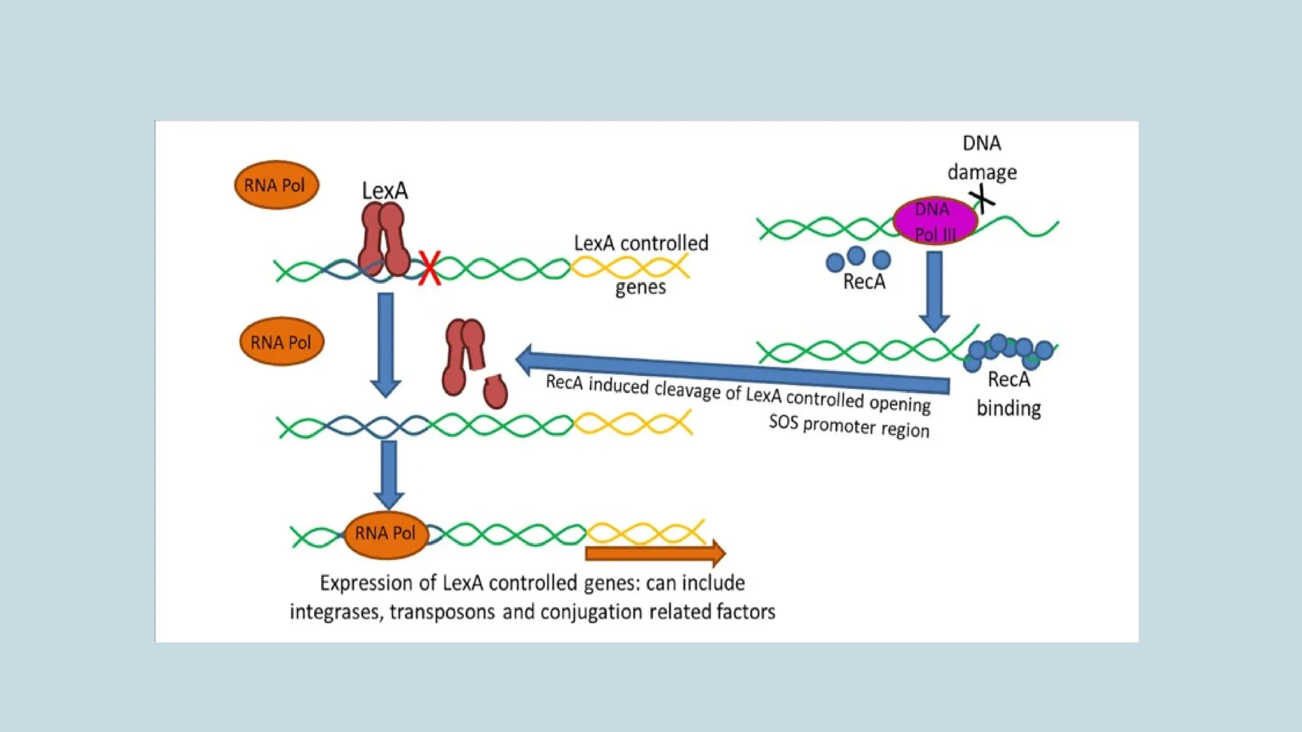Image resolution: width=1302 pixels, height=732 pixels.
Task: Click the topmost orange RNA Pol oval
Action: click(276, 185)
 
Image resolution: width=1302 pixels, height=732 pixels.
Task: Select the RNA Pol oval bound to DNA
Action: click(385, 534)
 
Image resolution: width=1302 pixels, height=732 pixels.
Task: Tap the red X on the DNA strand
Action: click(430, 269)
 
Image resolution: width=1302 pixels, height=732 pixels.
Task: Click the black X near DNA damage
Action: click(983, 199)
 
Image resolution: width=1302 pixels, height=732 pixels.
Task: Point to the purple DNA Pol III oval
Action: click(935, 221)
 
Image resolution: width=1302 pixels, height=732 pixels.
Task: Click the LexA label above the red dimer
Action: click(385, 191)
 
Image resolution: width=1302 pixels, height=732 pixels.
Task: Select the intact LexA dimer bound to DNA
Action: click(384, 240)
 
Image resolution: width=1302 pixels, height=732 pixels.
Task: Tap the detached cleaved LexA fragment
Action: click(495, 390)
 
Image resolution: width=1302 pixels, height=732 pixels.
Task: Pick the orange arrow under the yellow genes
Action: click(655, 553)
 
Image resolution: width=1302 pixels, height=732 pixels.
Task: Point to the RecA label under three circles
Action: click(864, 281)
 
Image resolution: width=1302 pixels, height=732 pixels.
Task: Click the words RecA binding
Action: click(1008, 394)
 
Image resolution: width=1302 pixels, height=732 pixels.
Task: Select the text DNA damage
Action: click(982, 158)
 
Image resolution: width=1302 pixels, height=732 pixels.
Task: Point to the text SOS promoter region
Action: click(849, 426)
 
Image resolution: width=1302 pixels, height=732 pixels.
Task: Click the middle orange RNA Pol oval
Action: click(281, 342)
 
